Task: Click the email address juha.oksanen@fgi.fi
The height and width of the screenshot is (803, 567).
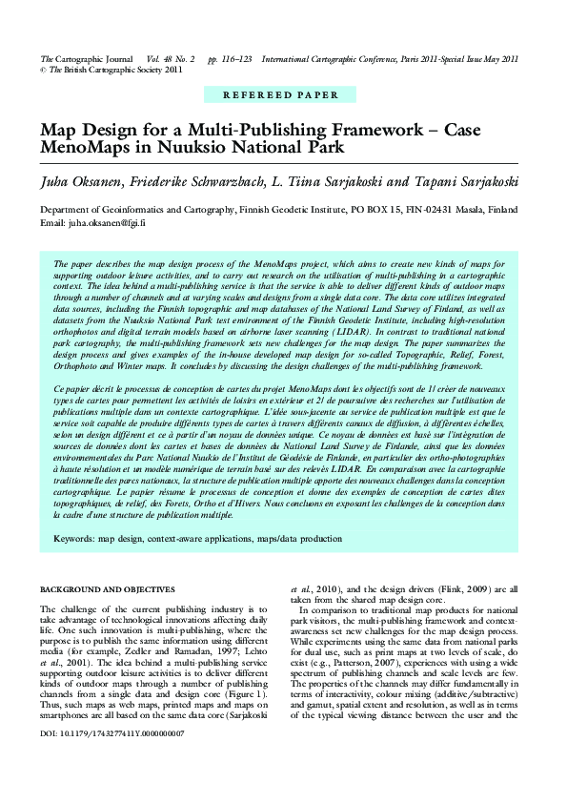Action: (x=106, y=222)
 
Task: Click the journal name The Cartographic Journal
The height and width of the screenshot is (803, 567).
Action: (x=86, y=58)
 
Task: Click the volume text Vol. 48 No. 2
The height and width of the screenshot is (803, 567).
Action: (x=171, y=58)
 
